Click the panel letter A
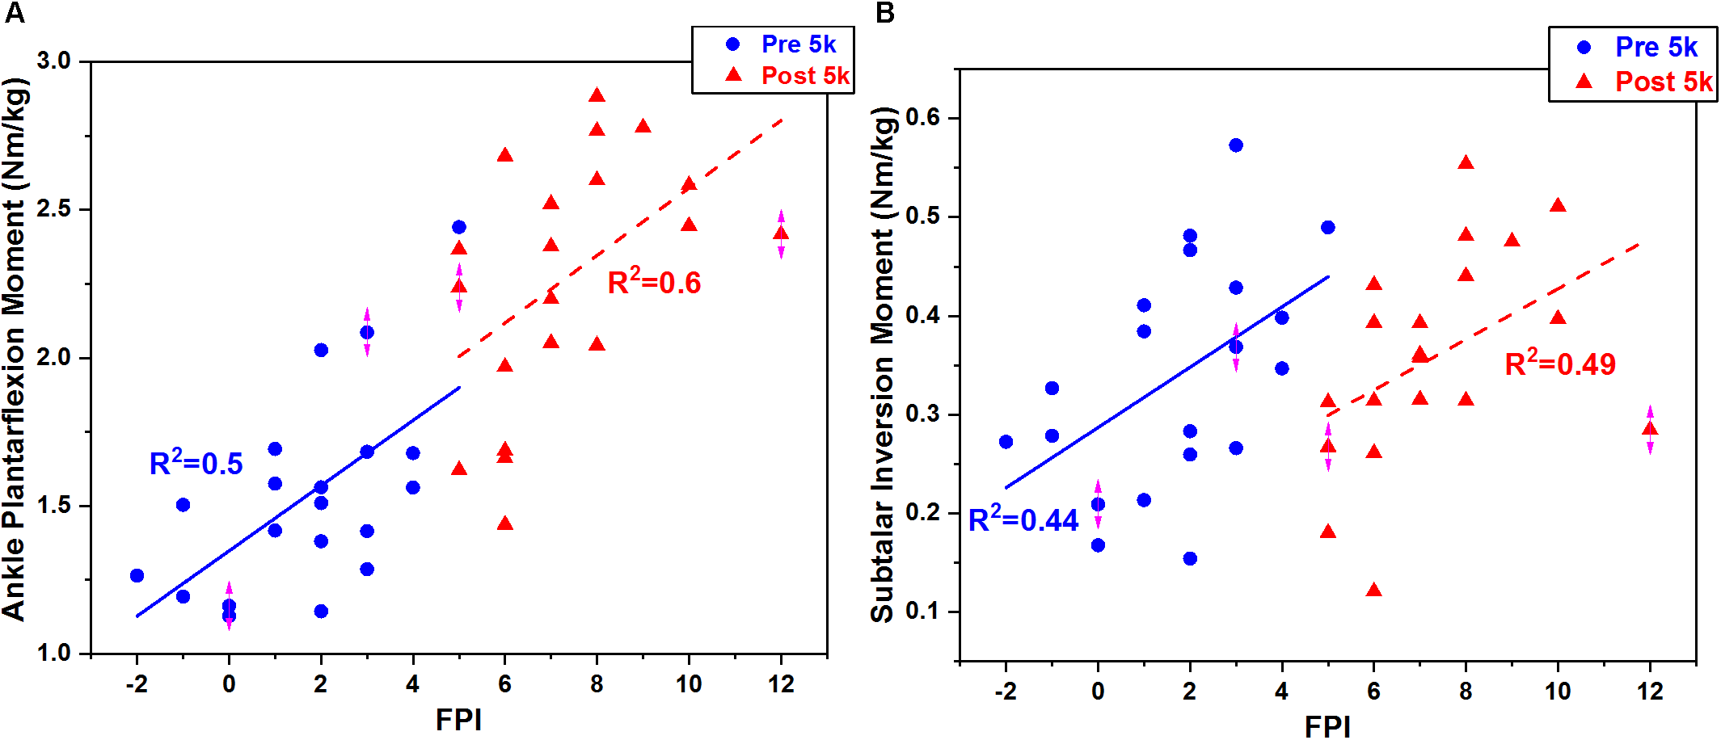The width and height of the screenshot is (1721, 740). click(x=14, y=14)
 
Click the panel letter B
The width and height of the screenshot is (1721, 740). click(x=885, y=14)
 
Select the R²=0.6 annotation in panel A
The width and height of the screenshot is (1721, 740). click(x=654, y=282)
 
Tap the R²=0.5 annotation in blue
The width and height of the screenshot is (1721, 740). click(x=196, y=463)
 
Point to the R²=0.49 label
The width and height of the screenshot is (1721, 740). click(x=1559, y=364)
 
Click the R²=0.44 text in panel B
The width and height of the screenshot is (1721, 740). click(x=1023, y=519)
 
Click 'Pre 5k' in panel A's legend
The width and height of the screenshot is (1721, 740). click(x=798, y=44)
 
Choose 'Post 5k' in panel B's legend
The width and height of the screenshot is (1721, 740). click(x=1663, y=82)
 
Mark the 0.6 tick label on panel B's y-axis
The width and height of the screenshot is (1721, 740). click(x=922, y=118)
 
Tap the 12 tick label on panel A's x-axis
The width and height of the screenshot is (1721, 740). click(x=781, y=684)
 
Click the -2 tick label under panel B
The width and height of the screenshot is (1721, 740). click(x=1005, y=692)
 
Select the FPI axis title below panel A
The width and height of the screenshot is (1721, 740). click(x=458, y=720)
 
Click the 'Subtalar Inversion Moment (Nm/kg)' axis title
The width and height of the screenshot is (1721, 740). click(x=883, y=364)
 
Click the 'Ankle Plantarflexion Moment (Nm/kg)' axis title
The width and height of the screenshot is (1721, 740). click(x=15, y=349)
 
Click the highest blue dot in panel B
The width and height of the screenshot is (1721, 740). click(x=1235, y=145)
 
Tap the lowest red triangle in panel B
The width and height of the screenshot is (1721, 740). click(x=1373, y=591)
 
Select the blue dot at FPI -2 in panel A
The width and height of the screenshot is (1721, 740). click(x=137, y=575)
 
